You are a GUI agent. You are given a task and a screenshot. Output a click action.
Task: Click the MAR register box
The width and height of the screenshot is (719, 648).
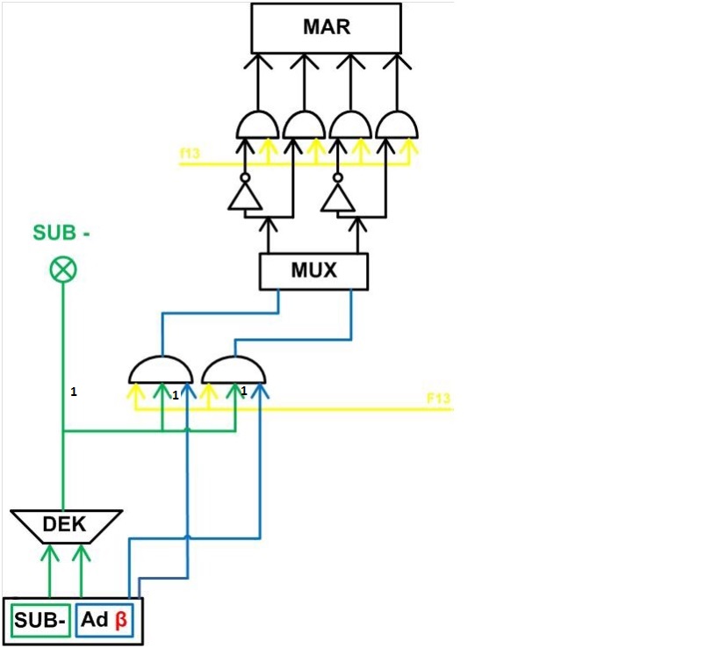pos(326,27)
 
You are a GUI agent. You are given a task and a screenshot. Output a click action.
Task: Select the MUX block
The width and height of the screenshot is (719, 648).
pos(313,270)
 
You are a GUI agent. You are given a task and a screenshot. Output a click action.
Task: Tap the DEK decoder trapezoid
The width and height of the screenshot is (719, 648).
pos(66,525)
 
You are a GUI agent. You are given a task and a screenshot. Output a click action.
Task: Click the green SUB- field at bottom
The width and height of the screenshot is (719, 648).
pos(40,622)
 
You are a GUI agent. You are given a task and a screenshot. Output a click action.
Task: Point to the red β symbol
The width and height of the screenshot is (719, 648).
pos(121,621)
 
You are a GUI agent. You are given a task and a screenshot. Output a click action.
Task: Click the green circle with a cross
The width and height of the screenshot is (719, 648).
pos(63,270)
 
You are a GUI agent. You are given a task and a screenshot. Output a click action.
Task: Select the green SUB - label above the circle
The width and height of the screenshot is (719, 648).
pos(62,233)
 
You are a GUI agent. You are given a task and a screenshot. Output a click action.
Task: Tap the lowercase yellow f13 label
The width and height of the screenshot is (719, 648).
pos(190,155)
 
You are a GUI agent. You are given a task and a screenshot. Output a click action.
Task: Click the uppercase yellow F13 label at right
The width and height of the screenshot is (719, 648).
pos(438,399)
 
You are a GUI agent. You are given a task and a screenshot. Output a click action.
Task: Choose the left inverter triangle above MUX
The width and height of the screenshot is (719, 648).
pos(245,198)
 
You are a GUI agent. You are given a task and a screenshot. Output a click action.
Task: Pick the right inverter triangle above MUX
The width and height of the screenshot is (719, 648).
pos(339,198)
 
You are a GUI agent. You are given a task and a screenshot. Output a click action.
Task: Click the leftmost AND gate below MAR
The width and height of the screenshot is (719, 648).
pos(257,126)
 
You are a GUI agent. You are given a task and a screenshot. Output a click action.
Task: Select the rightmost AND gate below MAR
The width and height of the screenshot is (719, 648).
pos(398,126)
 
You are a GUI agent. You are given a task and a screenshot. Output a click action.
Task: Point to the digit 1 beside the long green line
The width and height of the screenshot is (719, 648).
pos(74,392)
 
